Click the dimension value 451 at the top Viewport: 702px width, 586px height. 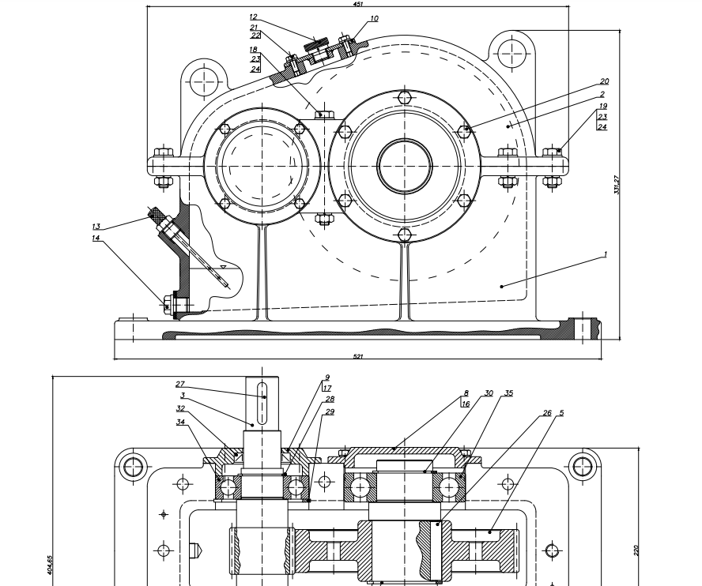(357, 3)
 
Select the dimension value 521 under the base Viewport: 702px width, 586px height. (357, 356)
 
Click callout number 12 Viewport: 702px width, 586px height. (253, 17)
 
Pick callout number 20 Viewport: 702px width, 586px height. (604, 81)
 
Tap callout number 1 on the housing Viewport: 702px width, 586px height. (605, 254)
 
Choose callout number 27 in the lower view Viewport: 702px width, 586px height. (180, 384)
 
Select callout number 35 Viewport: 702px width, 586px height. (509, 393)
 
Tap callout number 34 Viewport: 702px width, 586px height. (180, 422)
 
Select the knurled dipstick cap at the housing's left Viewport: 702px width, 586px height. (159, 214)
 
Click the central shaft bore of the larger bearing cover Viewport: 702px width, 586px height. (404, 166)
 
